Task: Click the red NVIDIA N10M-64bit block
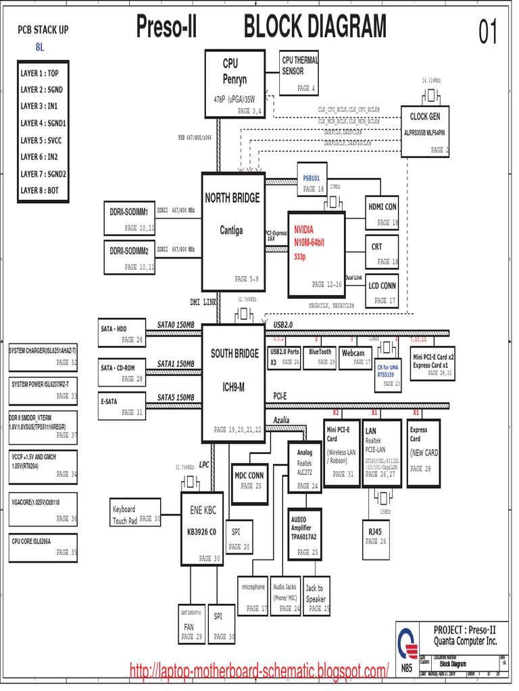[316, 254]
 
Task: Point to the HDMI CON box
[382, 213]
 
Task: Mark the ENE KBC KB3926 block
[202, 528]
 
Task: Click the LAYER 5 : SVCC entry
[43, 140]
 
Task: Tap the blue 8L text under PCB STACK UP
[40, 47]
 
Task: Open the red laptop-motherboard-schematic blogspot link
[259, 671]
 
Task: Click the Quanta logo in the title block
[405, 641]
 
